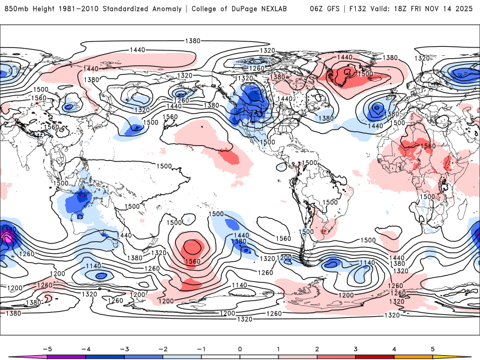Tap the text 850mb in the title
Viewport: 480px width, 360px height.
[x=15, y=9]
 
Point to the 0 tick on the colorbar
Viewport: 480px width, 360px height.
[x=240, y=348]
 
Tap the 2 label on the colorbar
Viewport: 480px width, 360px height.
[x=317, y=348]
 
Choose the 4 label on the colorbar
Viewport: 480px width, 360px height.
[x=394, y=348]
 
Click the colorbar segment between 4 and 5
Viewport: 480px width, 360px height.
[x=413, y=357]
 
